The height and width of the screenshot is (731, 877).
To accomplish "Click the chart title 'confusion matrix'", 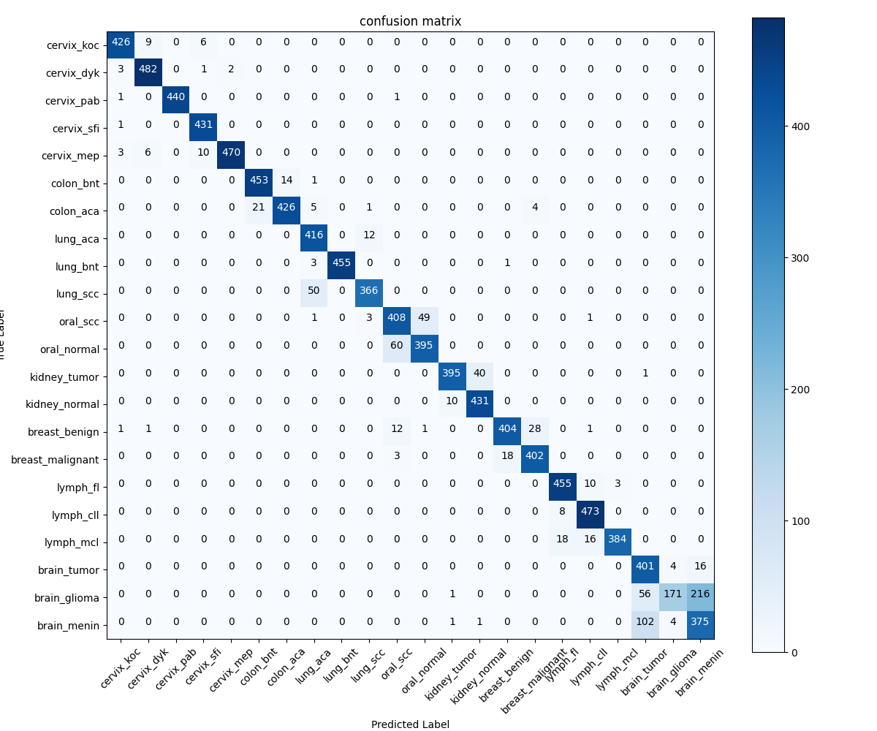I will click(x=410, y=21).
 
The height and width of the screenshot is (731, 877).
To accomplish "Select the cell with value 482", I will click(x=148, y=69).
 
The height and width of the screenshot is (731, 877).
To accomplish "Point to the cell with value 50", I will click(x=314, y=291).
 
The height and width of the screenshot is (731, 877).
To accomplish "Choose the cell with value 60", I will click(x=397, y=349).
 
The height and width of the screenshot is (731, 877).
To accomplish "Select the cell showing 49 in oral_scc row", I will click(x=424, y=319).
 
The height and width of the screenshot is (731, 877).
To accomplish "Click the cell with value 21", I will click(x=259, y=208).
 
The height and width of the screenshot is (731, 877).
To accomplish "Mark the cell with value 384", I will click(x=618, y=542).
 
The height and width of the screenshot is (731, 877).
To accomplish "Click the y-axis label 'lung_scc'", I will click(x=77, y=294).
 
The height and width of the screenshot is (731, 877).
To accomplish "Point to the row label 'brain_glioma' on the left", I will click(x=68, y=598).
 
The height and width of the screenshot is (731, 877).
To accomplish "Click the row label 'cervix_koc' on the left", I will click(x=72, y=45).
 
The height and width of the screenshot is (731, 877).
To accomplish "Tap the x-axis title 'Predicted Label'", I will click(x=410, y=724).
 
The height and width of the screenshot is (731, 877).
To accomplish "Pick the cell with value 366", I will click(x=369, y=291).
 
